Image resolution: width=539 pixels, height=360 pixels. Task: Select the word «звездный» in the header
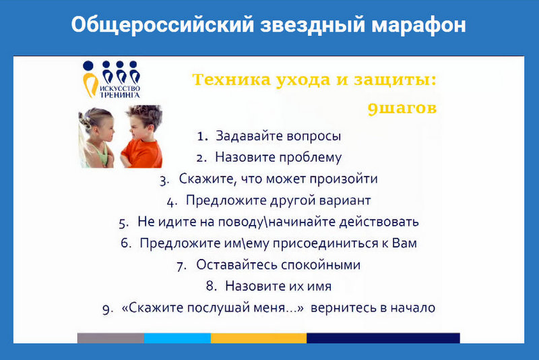click(x=312, y=25)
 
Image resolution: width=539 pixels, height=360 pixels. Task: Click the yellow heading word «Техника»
click(x=231, y=80)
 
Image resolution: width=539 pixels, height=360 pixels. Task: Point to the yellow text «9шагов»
click(x=402, y=109)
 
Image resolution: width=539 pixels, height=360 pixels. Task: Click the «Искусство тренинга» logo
click(x=111, y=80)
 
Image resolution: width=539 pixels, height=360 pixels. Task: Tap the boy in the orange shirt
click(x=141, y=136)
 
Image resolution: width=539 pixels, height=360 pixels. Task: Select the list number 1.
click(x=203, y=136)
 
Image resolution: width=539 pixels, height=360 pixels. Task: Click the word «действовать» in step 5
click(x=379, y=222)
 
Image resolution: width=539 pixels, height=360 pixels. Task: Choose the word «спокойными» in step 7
click(x=321, y=265)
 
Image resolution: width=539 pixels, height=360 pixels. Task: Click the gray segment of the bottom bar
click(x=110, y=338)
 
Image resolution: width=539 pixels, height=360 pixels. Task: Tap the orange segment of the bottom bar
click(x=259, y=338)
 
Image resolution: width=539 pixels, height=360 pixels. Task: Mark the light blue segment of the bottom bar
click(x=177, y=338)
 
